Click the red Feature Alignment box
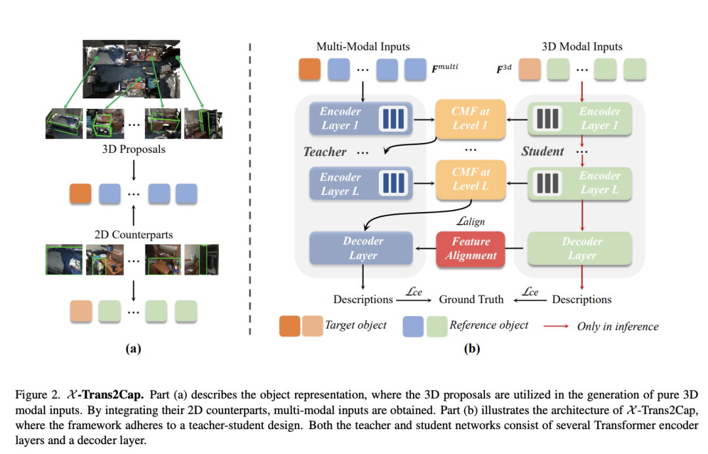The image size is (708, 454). [x=471, y=249]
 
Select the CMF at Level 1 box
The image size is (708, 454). [x=471, y=118]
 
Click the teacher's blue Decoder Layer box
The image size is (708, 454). [x=363, y=249]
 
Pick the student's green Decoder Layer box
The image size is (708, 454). [x=581, y=249]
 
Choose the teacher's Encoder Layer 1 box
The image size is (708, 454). [x=360, y=118]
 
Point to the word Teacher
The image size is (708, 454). [x=324, y=152]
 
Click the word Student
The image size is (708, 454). [x=542, y=152]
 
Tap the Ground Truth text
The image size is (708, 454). [x=471, y=299]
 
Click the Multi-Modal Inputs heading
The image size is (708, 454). [x=363, y=47]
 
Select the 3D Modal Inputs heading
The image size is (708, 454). [x=581, y=47]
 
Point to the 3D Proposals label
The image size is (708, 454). [x=133, y=149]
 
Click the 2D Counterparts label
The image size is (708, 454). [x=133, y=233]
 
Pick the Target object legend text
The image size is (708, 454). [x=355, y=325]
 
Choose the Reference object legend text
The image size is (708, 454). [x=488, y=325]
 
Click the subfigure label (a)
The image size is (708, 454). [x=133, y=349]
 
